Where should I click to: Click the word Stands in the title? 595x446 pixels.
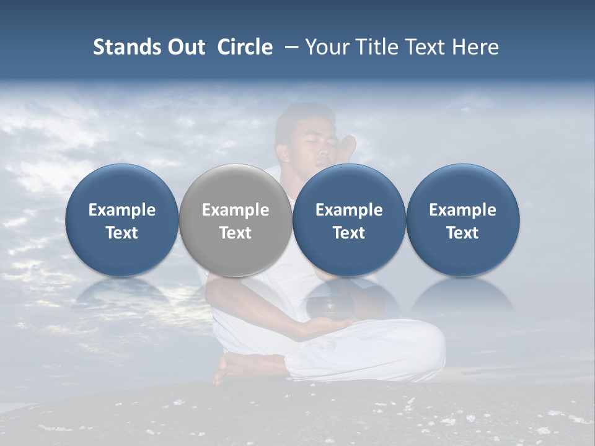pyautogui.click(x=127, y=47)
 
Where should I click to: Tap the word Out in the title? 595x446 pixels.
pyautogui.click(x=185, y=47)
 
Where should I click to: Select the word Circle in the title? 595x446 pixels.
pyautogui.click(x=245, y=47)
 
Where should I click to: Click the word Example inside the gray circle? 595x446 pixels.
pyautogui.click(x=236, y=210)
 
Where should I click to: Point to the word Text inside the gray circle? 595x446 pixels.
pyautogui.click(x=236, y=233)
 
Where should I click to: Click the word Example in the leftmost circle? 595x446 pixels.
pyautogui.click(x=121, y=210)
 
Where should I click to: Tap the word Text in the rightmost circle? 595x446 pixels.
pyautogui.click(x=462, y=233)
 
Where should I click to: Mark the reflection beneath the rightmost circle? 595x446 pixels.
pyautogui.click(x=462, y=296)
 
